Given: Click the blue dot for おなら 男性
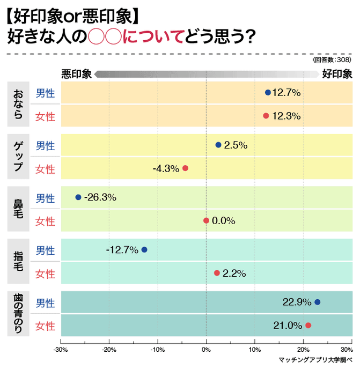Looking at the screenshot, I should (268, 92).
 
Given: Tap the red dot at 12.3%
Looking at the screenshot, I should (266, 116).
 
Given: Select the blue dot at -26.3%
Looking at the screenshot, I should (78, 197).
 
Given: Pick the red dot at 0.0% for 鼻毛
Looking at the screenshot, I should (206, 220).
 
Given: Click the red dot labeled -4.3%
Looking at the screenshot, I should (186, 168).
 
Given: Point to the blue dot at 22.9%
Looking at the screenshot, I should (317, 302).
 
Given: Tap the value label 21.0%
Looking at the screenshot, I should (288, 325).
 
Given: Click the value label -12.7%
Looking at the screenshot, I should (122, 250).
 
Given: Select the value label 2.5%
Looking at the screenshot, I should (236, 145).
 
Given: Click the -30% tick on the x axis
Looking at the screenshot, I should (61, 350).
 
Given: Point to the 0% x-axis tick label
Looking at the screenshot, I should (206, 350).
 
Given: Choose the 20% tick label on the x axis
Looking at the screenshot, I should (303, 350).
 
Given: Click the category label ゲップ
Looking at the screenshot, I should (18, 156).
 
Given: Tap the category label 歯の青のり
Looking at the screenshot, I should (18, 314).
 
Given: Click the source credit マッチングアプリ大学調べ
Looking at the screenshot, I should (315, 360).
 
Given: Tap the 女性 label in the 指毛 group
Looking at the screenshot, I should (45, 274).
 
